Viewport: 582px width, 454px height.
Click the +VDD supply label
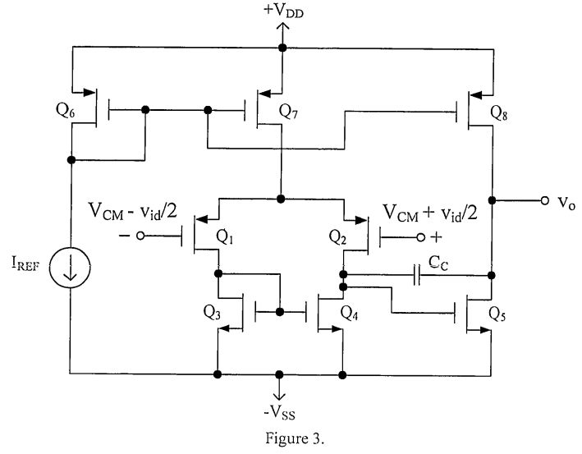coord(282,11)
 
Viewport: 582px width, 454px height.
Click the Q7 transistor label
coord(290,109)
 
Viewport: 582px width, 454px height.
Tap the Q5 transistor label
coord(498,312)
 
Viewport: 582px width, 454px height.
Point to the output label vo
coord(562,200)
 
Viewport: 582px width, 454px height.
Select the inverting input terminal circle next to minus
coord(140,236)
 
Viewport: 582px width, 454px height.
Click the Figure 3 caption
coord(282,436)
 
